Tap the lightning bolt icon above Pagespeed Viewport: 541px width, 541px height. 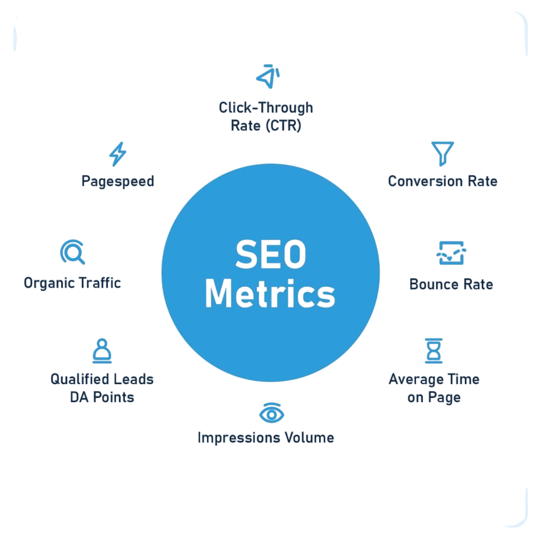pos(118,154)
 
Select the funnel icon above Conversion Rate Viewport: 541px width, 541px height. pos(442,153)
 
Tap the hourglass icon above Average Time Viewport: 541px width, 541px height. pos(434,351)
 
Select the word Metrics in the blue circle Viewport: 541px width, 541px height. pos(270,294)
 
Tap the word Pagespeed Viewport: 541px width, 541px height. pos(118,182)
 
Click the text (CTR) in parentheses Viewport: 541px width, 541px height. pos(284,126)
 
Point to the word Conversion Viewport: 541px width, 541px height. pos(425,181)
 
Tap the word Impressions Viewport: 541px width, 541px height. pos(238,438)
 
